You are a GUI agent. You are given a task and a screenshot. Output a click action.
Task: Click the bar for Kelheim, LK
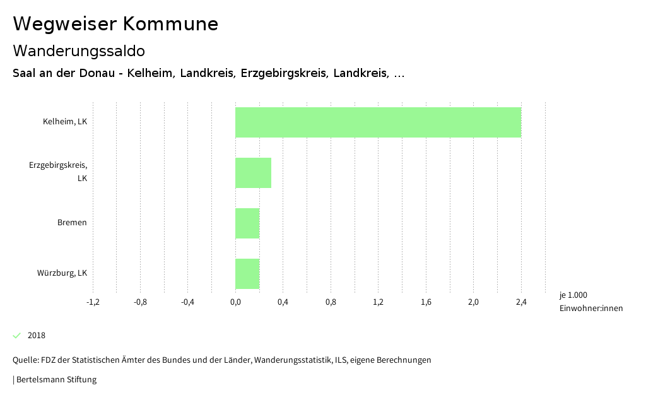click(378, 122)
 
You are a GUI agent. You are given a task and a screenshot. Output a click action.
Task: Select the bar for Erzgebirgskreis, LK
click(253, 173)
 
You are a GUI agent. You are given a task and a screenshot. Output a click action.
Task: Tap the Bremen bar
click(247, 223)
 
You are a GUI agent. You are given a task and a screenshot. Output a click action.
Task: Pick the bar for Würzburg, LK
click(247, 274)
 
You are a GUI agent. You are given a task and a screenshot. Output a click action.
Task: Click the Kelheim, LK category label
click(64, 122)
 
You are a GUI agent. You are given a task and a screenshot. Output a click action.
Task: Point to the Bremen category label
click(72, 223)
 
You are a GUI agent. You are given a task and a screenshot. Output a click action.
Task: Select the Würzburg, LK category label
click(62, 273)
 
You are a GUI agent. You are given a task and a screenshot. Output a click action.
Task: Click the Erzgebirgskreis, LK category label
click(58, 172)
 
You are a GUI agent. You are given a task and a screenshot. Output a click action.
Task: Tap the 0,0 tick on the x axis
click(235, 302)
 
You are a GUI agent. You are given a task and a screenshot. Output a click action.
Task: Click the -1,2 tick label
click(93, 302)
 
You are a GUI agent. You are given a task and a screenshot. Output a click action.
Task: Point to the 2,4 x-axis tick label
click(521, 302)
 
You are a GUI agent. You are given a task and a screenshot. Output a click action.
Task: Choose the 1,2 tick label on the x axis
click(379, 302)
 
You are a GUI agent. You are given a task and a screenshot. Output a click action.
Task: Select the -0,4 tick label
click(187, 302)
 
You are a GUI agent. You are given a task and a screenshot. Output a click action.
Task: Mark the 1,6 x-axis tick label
click(426, 302)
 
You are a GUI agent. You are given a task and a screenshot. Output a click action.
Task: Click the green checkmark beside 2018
click(17, 335)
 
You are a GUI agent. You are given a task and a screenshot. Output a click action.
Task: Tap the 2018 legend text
click(37, 335)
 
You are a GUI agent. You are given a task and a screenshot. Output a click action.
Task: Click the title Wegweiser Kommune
click(115, 24)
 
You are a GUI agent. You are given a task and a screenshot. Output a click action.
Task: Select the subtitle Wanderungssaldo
click(79, 50)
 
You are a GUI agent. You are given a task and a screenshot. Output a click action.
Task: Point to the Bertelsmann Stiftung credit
click(55, 379)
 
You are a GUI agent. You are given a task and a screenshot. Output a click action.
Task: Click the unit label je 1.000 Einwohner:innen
click(590, 302)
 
